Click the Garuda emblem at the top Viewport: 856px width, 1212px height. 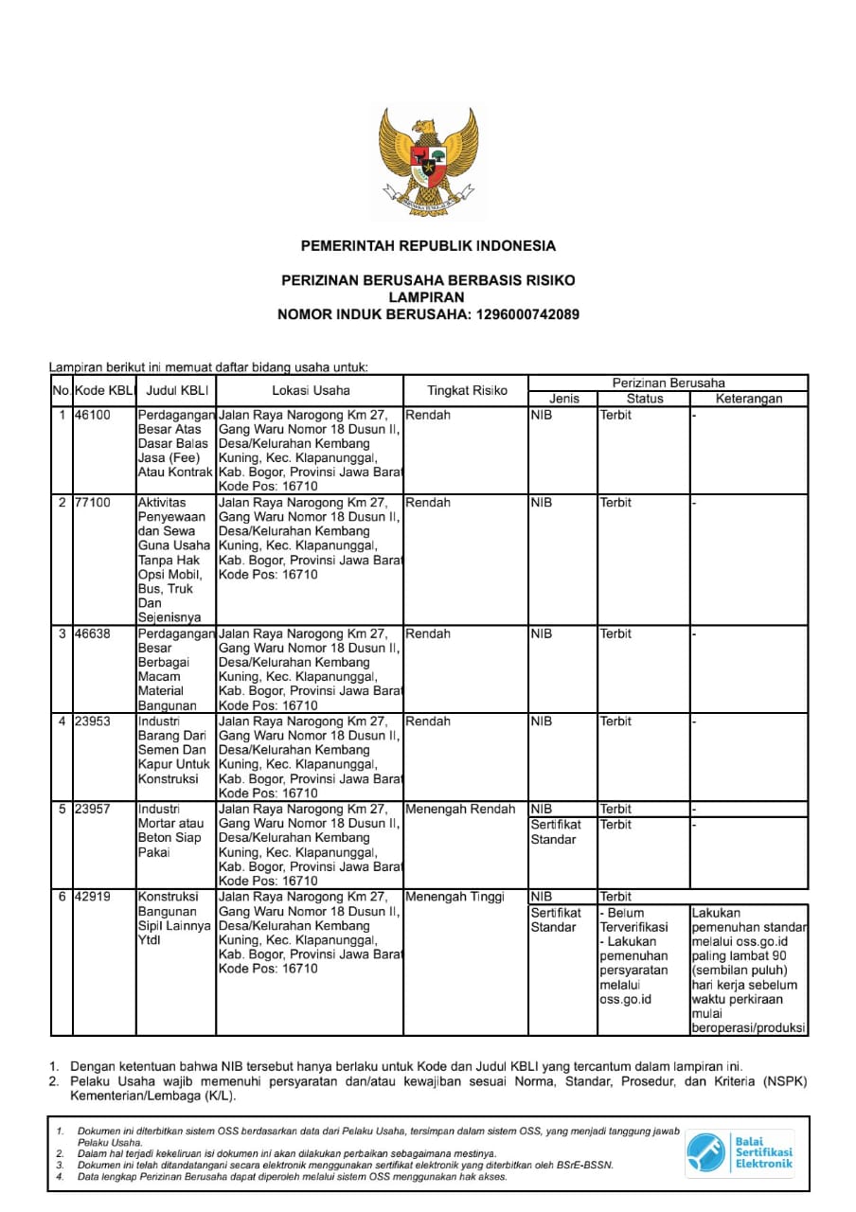[x=428, y=156]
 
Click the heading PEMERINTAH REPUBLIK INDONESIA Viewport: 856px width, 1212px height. [x=428, y=246]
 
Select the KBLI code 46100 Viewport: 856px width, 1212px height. [x=92, y=415]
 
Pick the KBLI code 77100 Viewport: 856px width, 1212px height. [x=92, y=503]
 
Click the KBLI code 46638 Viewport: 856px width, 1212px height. [x=92, y=633]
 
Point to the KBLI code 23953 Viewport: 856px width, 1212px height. [x=92, y=722]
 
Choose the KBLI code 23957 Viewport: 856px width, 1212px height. [x=92, y=809]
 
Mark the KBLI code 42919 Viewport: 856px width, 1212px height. [x=92, y=897]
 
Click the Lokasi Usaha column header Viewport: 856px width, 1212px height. [x=311, y=390]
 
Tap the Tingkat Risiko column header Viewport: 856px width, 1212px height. [x=467, y=390]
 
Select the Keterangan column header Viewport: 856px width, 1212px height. [x=749, y=399]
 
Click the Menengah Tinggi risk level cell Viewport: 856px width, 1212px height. [x=455, y=897]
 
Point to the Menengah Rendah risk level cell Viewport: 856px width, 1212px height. [x=460, y=809]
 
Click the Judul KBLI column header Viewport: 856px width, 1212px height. [x=177, y=390]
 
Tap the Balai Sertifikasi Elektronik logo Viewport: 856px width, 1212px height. [x=740, y=1151]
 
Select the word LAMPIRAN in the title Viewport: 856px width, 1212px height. [x=428, y=297]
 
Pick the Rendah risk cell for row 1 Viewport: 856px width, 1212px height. [x=428, y=415]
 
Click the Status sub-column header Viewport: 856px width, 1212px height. [x=644, y=399]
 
